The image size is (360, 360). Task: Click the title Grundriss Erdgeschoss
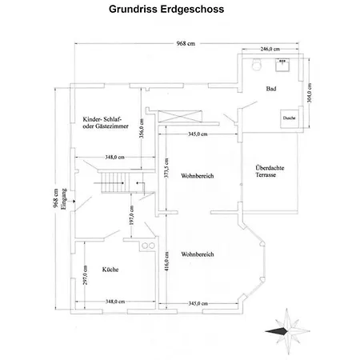pyautogui.click(x=166, y=10)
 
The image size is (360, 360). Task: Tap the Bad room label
pyautogui.click(x=271, y=89)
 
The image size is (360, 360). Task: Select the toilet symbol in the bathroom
pyautogui.click(x=256, y=64)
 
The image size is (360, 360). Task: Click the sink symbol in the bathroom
pyautogui.click(x=282, y=65)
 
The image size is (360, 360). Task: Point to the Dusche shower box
pyautogui.click(x=289, y=118)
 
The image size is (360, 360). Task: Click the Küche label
pyautogui.click(x=110, y=270)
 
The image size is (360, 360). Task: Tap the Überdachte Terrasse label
pyautogui.click(x=270, y=171)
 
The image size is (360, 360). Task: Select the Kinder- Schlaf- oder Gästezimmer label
pyautogui.click(x=106, y=122)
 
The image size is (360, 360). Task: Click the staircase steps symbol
pyautogui.click(x=115, y=182)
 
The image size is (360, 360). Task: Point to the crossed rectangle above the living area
pyautogui.click(x=180, y=116)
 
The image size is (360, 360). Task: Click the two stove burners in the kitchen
pyautogui.click(x=148, y=246)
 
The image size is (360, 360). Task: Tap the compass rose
pyautogui.click(x=287, y=331)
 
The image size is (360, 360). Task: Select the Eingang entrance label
pyautogui.click(x=63, y=199)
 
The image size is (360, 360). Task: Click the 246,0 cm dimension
pyautogui.click(x=270, y=49)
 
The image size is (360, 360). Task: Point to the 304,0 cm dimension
pyautogui.click(x=310, y=93)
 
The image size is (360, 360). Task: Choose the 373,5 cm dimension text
pyautogui.click(x=166, y=168)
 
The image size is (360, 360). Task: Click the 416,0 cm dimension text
pyautogui.click(x=166, y=262)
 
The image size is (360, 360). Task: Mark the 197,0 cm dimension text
pyautogui.click(x=131, y=215)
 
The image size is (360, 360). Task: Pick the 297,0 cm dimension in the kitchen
pyautogui.click(x=86, y=275)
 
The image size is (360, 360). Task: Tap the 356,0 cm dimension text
pyautogui.click(x=142, y=129)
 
